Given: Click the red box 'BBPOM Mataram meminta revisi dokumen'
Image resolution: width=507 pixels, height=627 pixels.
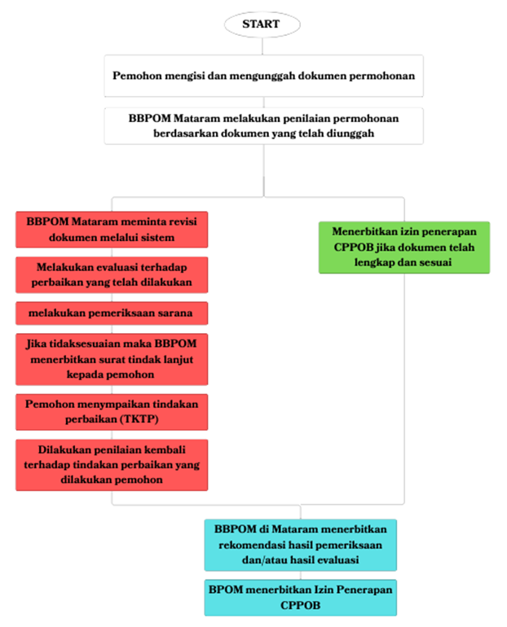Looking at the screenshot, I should coord(112,229).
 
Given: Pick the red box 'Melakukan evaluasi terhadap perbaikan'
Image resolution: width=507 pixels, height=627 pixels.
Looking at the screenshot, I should coord(112,274).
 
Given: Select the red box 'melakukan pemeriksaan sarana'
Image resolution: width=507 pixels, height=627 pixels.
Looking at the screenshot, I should coord(112,313).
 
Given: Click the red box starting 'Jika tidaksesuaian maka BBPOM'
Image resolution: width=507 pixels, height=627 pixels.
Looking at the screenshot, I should coord(112,357).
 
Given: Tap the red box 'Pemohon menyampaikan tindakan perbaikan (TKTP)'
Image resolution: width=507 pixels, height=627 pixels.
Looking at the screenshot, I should coord(112,411).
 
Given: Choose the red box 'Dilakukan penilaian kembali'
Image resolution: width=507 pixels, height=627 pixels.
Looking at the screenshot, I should coord(112,465).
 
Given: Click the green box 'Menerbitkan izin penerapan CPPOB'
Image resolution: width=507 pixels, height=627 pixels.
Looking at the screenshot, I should coord(403,247).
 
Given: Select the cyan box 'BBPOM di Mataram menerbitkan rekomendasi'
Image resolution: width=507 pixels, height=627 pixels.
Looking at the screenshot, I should coord(302,545).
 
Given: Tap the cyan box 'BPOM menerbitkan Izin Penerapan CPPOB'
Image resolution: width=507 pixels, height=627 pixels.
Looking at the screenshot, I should coord(302,596).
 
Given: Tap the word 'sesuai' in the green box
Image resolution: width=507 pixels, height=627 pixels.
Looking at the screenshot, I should coord(433,262).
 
